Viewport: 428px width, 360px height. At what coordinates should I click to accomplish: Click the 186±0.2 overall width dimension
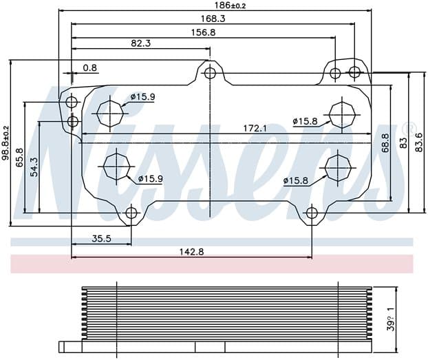tap(230, 6)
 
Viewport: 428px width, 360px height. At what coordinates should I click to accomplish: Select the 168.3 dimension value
tap(213, 19)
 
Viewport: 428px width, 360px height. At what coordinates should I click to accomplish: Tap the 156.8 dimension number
tap(203, 32)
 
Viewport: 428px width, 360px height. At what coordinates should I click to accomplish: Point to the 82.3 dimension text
tap(140, 43)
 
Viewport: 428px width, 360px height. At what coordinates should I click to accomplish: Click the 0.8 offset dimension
tap(90, 67)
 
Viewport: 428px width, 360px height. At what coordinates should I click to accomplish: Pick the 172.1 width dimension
tap(255, 128)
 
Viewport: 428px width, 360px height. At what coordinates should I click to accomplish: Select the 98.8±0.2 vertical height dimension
tap(6, 143)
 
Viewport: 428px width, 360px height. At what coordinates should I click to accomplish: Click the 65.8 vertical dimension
tap(20, 158)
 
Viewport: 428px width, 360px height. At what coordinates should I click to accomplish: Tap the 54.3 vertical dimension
tap(34, 167)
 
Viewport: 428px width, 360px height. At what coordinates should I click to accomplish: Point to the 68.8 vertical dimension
tap(385, 143)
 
